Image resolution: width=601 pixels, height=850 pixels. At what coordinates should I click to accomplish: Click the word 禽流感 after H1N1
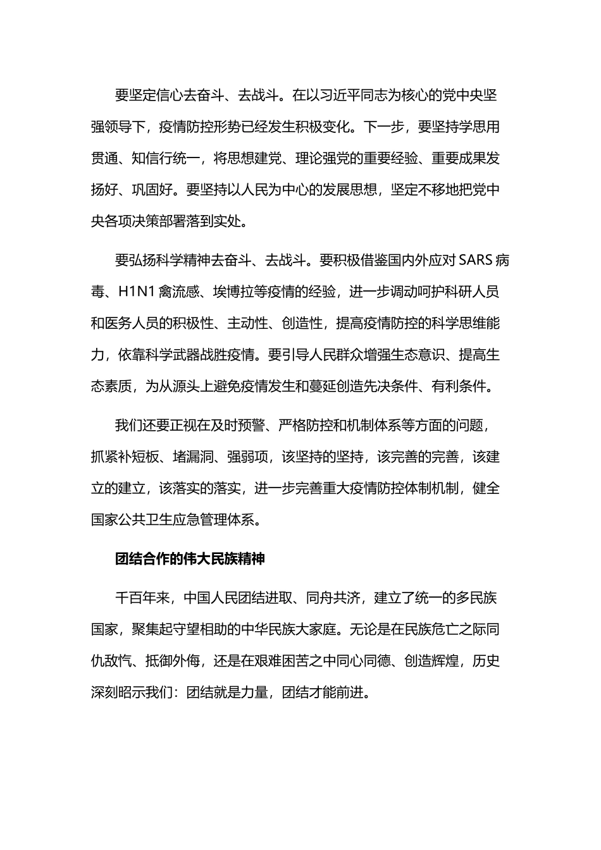(180, 292)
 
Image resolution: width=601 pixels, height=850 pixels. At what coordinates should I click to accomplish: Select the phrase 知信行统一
(166, 158)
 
